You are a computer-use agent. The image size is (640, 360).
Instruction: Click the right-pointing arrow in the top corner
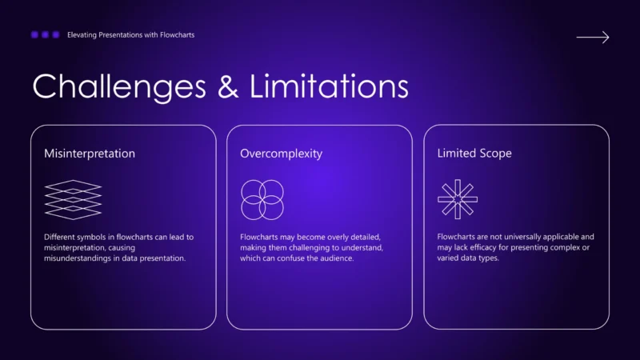coord(593,37)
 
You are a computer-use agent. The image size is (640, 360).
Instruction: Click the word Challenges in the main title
coord(119,87)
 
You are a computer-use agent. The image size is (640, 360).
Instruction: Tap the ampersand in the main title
coord(228,86)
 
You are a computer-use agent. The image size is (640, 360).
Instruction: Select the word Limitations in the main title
coord(329,86)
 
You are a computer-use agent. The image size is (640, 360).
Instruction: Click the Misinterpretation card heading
coord(90,154)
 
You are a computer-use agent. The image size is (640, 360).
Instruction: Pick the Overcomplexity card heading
coord(282,154)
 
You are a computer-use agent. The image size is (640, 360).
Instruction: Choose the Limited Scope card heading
coord(474,153)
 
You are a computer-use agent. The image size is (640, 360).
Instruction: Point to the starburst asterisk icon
coord(458,199)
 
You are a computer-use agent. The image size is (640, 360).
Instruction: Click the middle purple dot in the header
coord(46,34)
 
